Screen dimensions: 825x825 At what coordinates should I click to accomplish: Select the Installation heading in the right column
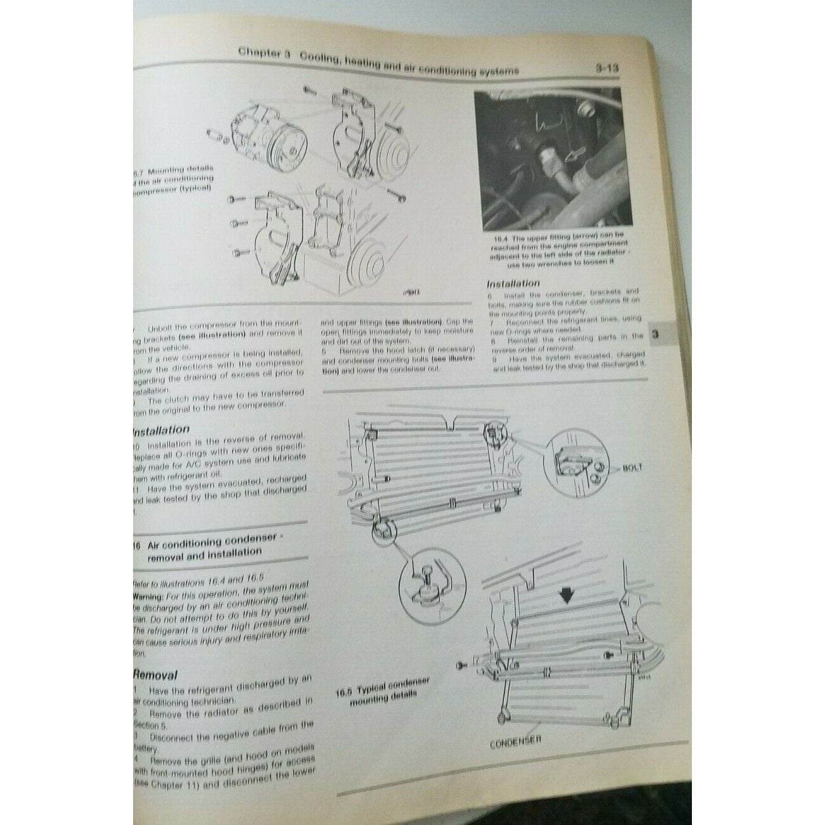(513, 283)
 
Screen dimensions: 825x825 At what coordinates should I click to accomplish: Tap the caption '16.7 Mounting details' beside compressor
(173, 180)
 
